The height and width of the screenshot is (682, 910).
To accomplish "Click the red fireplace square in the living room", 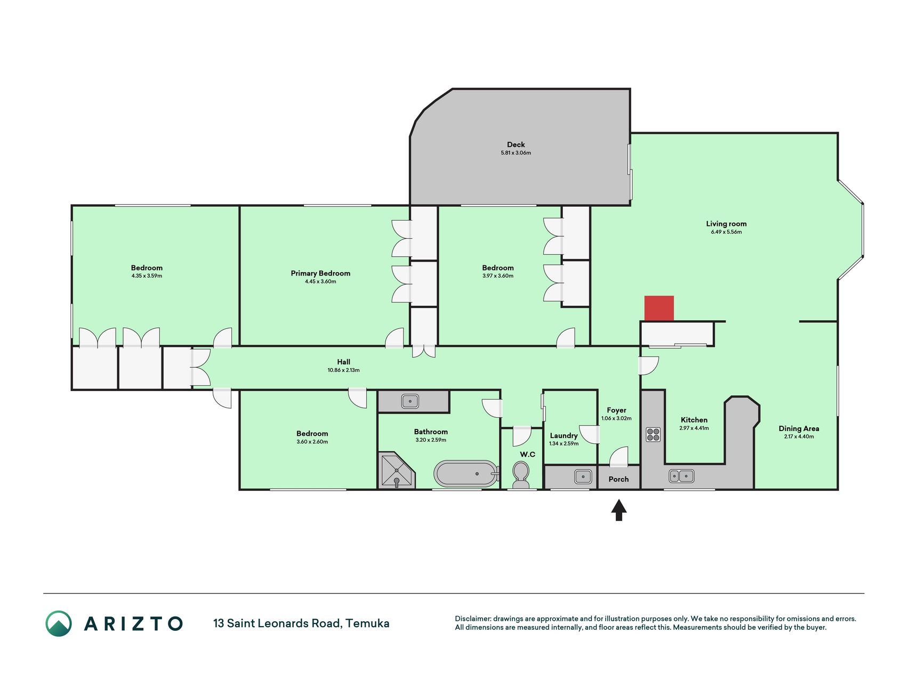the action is (659, 308).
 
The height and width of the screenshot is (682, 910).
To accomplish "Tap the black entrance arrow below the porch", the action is (618, 510).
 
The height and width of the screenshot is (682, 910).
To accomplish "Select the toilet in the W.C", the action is (520, 475).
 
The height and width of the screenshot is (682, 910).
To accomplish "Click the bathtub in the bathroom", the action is (466, 473).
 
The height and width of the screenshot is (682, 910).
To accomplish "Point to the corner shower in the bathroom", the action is (396, 470).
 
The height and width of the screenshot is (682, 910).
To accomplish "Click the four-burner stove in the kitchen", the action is (653, 434).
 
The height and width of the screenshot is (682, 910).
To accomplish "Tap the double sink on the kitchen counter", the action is (681, 476).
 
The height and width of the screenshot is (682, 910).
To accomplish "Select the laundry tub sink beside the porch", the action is (583, 476).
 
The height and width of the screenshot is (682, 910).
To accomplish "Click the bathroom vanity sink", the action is (410, 401).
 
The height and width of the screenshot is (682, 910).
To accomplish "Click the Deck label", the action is (516, 144).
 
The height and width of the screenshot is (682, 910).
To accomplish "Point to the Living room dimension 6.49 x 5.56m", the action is (726, 232).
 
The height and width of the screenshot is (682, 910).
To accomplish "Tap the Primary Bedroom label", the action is (320, 273).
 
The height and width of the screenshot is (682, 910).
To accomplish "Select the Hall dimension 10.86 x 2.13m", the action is (343, 370).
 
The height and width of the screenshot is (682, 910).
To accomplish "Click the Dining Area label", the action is (799, 428).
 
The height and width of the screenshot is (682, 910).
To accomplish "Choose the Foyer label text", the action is (616, 410).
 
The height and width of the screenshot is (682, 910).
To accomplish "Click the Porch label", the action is (618, 479).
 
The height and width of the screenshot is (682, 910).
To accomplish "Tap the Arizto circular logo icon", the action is (59, 623).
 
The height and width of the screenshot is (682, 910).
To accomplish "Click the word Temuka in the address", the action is (367, 623).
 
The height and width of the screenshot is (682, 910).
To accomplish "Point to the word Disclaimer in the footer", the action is (472, 619).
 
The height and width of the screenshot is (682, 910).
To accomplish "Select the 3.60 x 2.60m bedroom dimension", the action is (312, 442).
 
